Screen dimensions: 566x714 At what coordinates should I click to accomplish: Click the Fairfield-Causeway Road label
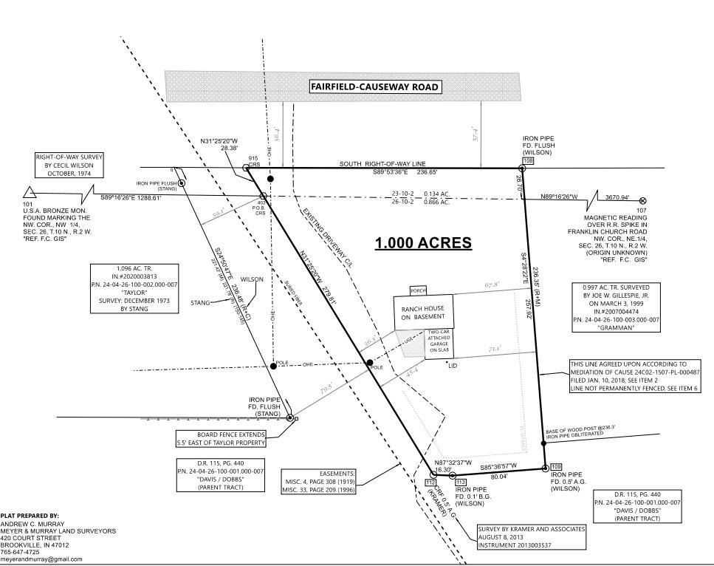(x=375, y=87)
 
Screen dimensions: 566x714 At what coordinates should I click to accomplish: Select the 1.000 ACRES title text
(x=423, y=243)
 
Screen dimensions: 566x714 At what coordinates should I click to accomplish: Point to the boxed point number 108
(x=528, y=161)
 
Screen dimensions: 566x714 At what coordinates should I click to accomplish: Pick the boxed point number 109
(x=556, y=466)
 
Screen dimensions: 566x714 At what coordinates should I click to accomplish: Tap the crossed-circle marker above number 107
(x=642, y=200)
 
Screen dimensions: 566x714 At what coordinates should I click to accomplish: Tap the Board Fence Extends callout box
(x=221, y=438)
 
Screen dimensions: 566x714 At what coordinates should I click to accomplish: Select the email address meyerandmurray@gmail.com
(x=41, y=559)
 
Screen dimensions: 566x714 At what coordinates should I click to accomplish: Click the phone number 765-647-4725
(x=21, y=552)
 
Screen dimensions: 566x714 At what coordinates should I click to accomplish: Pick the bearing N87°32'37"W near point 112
(x=454, y=460)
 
